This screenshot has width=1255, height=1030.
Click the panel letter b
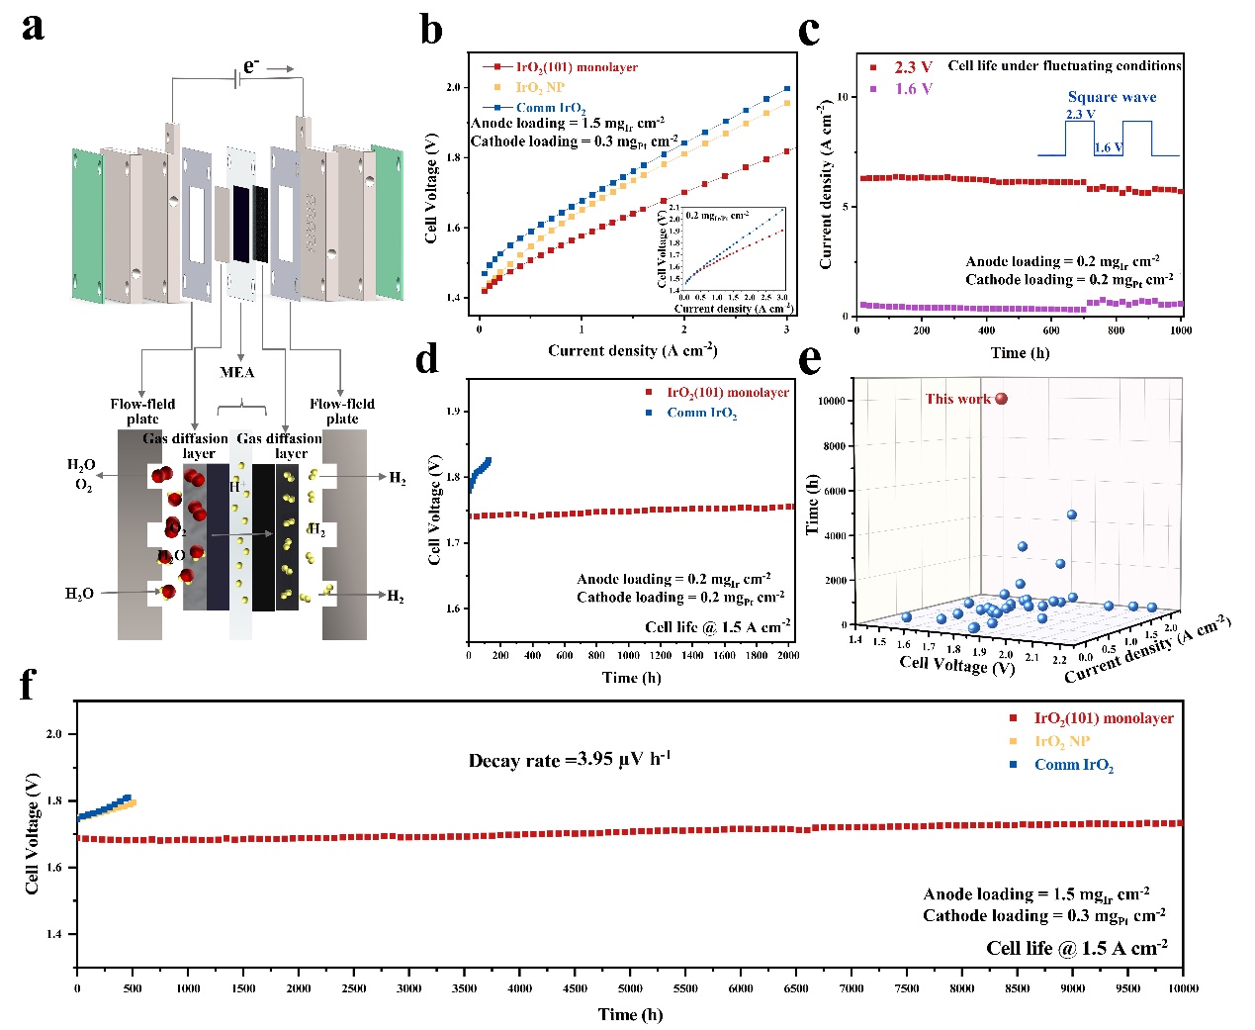[431, 30]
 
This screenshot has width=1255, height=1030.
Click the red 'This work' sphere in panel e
[1001, 399]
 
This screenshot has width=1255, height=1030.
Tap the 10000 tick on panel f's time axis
[1183, 987]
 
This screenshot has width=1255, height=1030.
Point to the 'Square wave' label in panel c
[1112, 97]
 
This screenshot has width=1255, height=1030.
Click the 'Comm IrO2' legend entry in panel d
[701, 413]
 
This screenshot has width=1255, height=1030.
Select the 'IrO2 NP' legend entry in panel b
[540, 87]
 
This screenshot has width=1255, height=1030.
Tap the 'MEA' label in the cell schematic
[237, 372]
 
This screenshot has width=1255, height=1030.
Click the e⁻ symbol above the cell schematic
[251, 66]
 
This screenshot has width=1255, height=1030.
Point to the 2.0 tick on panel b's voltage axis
[454, 87]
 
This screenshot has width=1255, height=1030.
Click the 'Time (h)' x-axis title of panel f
[630, 1014]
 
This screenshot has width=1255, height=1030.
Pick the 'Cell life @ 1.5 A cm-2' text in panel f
[1076, 948]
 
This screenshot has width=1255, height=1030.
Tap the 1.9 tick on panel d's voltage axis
[454, 411]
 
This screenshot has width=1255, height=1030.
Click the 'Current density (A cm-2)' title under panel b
[632, 350]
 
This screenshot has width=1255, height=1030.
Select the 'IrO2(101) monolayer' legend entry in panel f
[1103, 718]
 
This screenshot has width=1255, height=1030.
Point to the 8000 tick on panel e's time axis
[833, 446]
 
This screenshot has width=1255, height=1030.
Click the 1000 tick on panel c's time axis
[1180, 330]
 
